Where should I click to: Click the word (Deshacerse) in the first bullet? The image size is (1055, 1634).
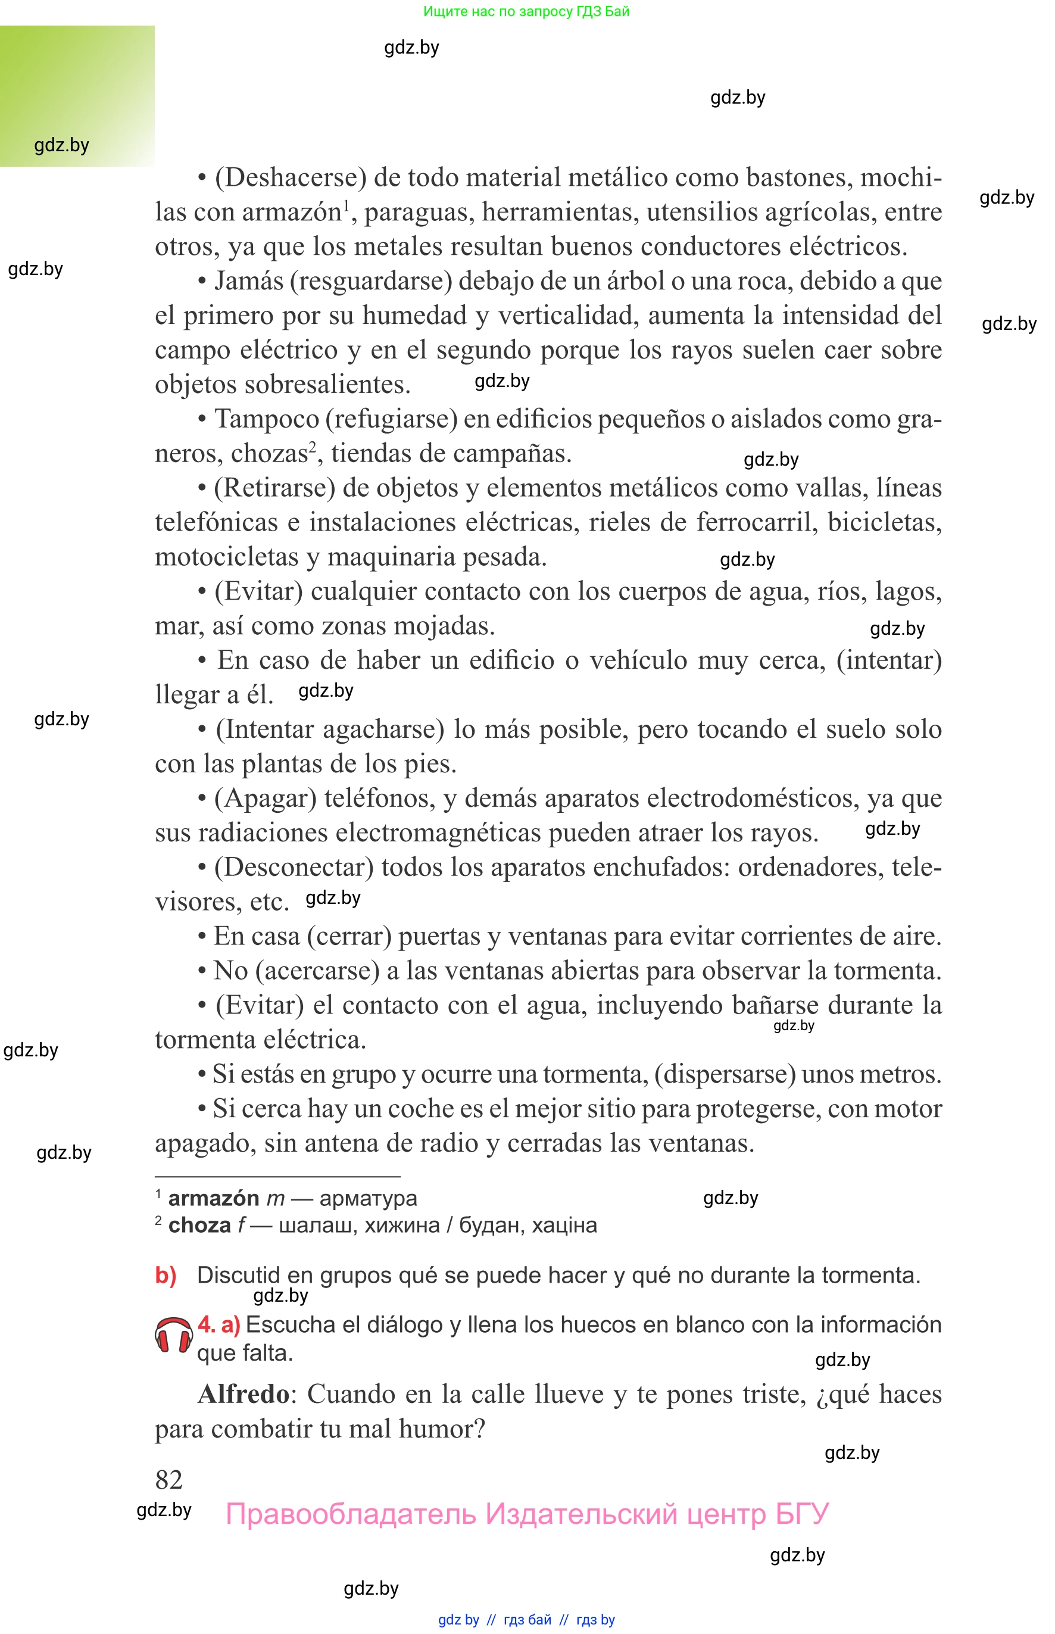click(291, 177)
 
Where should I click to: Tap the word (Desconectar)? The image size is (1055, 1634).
click(294, 868)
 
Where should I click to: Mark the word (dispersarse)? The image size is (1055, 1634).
click(725, 1074)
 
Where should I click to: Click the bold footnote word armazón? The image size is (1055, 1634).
click(214, 1198)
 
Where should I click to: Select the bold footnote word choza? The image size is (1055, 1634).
click(199, 1225)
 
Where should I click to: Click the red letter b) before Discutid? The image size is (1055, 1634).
click(166, 1275)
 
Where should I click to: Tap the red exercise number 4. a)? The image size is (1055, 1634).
click(219, 1324)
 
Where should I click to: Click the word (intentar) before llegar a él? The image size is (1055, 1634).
click(888, 660)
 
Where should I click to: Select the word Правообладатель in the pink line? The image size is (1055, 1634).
click(351, 1514)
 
